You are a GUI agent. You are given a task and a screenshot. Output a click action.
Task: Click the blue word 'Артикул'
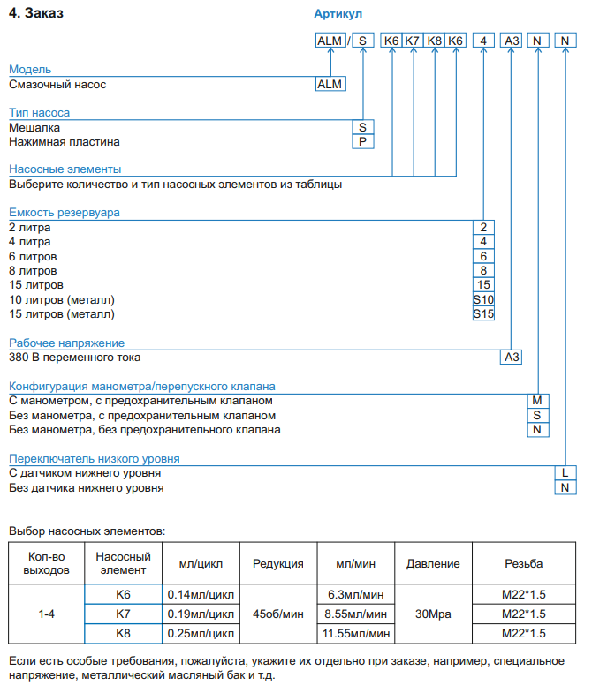(338, 14)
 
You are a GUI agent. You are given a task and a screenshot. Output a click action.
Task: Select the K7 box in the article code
(413, 41)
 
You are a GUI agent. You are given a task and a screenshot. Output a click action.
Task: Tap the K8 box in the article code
(434, 41)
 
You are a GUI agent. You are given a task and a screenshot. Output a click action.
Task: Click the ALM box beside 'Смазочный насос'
(330, 85)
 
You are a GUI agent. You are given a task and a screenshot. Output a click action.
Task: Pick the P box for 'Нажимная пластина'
(361, 142)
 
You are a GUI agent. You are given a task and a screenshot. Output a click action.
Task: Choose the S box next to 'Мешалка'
(361, 127)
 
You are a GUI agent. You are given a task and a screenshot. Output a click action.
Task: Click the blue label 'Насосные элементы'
(65, 169)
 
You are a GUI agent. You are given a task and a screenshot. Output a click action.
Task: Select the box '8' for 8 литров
(483, 270)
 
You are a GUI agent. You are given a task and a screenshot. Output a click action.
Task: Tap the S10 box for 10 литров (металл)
(483, 299)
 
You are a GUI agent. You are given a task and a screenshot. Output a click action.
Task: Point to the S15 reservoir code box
(483, 313)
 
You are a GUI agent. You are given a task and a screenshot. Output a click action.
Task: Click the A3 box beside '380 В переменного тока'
(512, 358)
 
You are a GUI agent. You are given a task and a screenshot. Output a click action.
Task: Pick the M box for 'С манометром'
(537, 401)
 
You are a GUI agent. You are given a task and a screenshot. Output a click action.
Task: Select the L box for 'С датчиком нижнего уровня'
(565, 473)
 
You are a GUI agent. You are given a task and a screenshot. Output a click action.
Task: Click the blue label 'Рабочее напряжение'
(66, 343)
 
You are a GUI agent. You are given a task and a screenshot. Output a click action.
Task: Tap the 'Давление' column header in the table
(433, 564)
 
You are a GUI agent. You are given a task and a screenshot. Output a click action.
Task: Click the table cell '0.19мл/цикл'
(201, 614)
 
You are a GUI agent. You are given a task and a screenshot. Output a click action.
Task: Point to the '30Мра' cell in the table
(433, 614)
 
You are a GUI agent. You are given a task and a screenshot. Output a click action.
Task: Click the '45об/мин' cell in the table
(278, 614)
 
